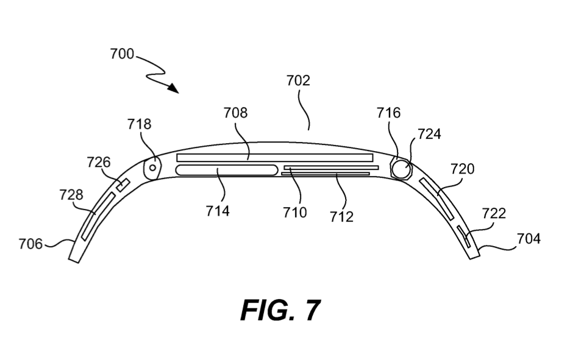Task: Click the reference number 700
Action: click(x=122, y=54)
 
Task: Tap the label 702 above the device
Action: click(x=298, y=80)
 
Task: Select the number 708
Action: click(x=236, y=113)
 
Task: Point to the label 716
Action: click(x=388, y=113)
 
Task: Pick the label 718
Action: click(x=139, y=124)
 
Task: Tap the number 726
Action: click(x=98, y=163)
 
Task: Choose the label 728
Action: click(x=71, y=195)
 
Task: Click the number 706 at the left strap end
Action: click(x=30, y=244)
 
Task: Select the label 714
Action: click(x=217, y=211)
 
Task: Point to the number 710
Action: click(x=295, y=212)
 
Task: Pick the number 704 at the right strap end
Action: click(x=528, y=239)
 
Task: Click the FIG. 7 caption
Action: click(x=280, y=310)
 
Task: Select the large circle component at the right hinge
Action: click(x=400, y=168)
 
